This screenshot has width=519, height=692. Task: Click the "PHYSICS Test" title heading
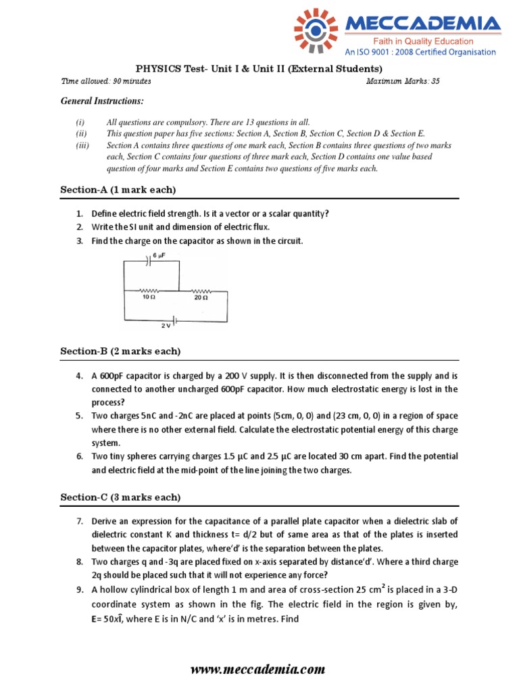[259, 69]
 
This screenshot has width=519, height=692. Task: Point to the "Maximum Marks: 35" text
[402, 82]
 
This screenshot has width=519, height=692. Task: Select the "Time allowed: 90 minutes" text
[106, 82]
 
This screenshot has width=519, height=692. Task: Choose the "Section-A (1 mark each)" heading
[118, 189]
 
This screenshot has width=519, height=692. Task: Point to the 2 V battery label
[166, 326]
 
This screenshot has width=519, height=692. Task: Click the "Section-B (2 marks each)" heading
[120, 351]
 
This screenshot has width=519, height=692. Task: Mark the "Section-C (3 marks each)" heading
[120, 497]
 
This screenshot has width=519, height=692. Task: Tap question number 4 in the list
[79, 376]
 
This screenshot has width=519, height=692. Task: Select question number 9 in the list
[79, 589]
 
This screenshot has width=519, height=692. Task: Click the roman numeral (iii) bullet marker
[80, 146]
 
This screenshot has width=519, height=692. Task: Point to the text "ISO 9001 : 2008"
[403, 52]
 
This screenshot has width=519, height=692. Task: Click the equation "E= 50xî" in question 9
[112, 620]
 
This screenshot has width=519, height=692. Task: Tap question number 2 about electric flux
[79, 226]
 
